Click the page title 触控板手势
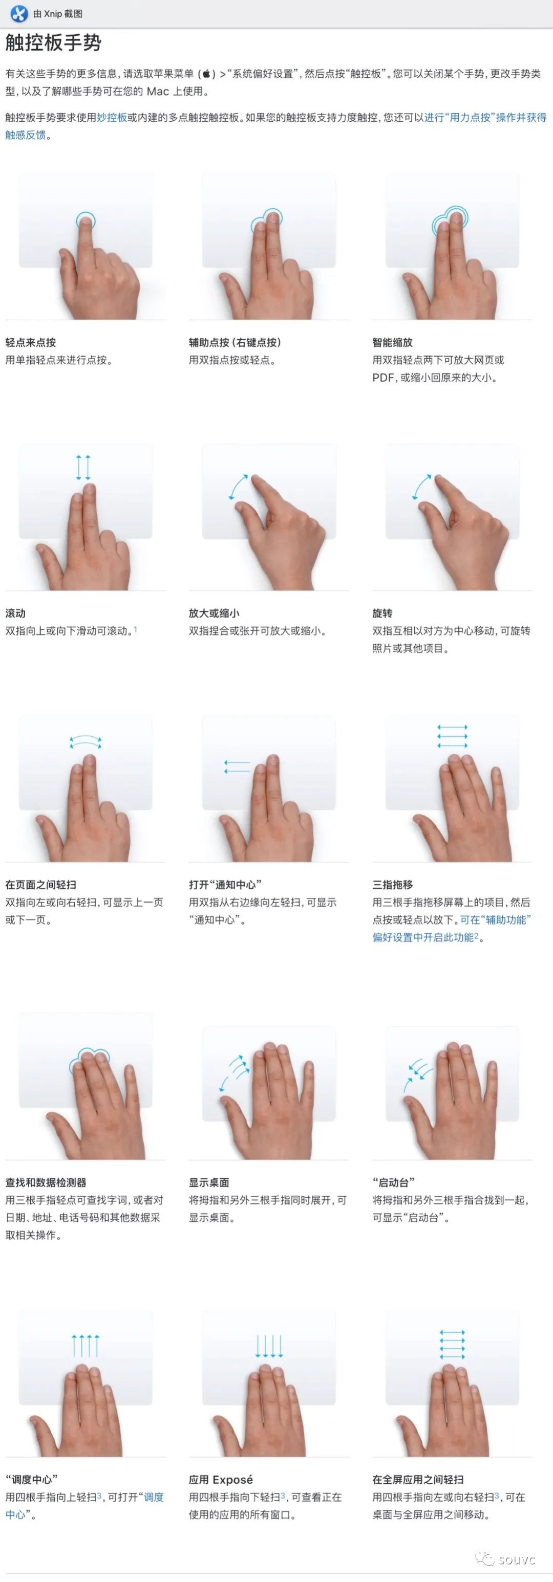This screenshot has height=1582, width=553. [53, 43]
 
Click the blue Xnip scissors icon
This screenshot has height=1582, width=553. [19, 13]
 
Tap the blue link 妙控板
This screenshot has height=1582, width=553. [112, 117]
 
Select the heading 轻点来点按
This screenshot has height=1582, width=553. [31, 343]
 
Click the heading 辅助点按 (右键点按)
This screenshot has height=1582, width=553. [235, 343]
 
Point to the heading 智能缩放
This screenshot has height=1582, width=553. [393, 343]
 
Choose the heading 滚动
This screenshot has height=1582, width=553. [15, 613]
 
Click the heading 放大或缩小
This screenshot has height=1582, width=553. [215, 613]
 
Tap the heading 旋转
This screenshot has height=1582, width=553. [382, 613]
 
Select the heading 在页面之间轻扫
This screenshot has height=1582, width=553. [40, 884]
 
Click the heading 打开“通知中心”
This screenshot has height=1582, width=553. [225, 884]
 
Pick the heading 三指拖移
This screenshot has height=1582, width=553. [393, 884]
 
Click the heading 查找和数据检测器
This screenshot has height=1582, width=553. [46, 1182]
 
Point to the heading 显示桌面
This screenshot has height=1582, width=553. [209, 1182]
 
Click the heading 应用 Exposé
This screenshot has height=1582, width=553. [221, 1480]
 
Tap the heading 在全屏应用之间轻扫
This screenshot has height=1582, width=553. [418, 1480]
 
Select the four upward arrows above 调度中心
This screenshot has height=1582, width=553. [86, 1346]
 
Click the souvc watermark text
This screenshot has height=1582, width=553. [517, 1559]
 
